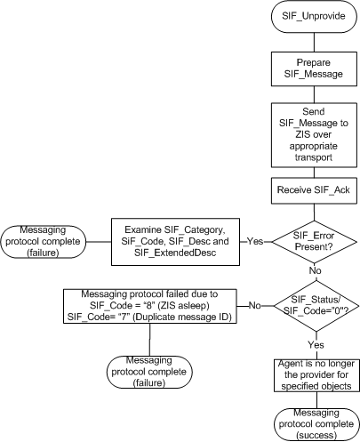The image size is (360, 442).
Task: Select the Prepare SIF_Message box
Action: tap(308, 68)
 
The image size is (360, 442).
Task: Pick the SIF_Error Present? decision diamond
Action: tap(308, 240)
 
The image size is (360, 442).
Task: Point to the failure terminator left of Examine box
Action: tap(43, 240)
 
